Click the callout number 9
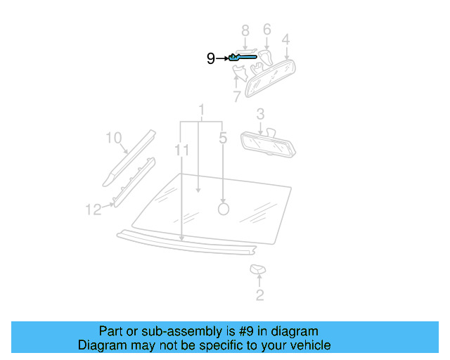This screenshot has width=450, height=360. pyautogui.click(x=211, y=59)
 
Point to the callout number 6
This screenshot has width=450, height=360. pyautogui.click(x=267, y=30)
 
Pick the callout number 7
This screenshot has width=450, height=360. pyautogui.click(x=236, y=96)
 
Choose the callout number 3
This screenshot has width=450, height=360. pyautogui.click(x=260, y=113)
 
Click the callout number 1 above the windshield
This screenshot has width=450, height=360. pyautogui.click(x=202, y=110)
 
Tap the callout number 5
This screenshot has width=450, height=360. pyautogui.click(x=223, y=139)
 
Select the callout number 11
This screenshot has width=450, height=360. pyautogui.click(x=182, y=150)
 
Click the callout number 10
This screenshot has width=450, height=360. pyautogui.click(x=114, y=138)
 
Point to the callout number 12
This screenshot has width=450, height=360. pyautogui.click(x=94, y=209)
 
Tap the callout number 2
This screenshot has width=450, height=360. pyautogui.click(x=259, y=295)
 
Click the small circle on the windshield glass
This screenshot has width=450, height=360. pyautogui.click(x=224, y=208)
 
